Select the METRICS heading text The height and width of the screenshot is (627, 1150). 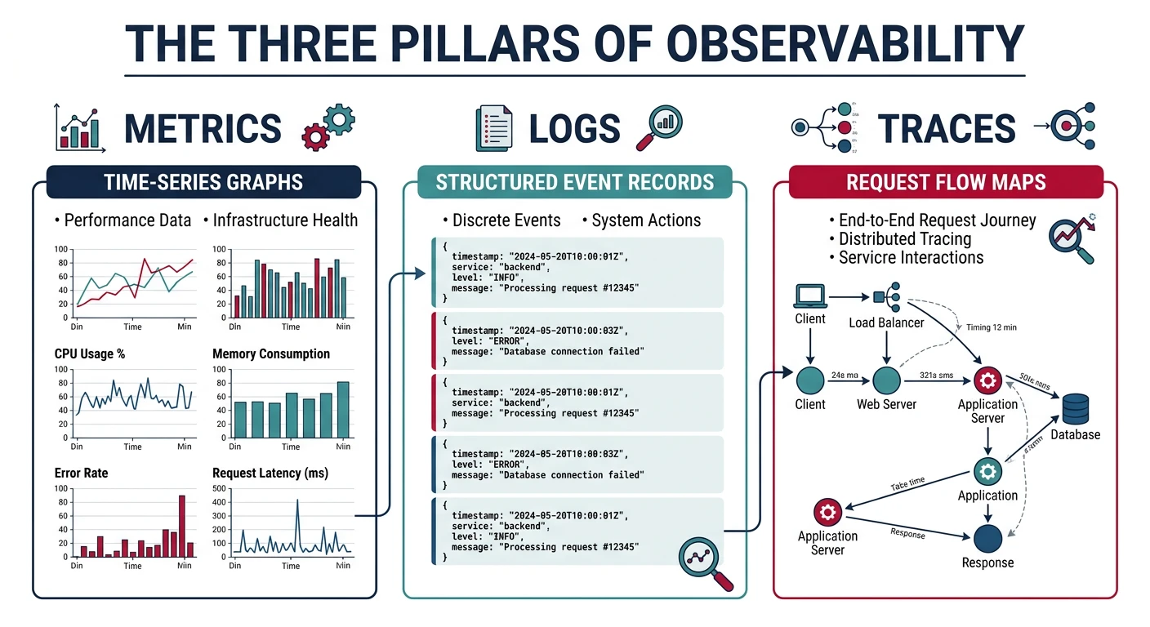click(203, 129)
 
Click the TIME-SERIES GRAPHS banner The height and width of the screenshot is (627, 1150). click(203, 182)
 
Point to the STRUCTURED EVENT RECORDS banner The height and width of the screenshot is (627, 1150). click(574, 182)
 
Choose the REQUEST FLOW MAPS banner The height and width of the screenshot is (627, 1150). click(946, 181)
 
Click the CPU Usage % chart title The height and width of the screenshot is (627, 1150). click(90, 354)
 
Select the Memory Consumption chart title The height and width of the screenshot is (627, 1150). click(271, 354)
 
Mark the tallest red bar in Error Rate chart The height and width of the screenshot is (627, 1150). click(181, 526)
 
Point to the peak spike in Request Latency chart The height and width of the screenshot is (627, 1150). click(297, 501)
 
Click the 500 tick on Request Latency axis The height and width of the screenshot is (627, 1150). click(220, 488)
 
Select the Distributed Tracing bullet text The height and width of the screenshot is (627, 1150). click(905, 239)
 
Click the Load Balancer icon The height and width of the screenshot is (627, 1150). click(885, 298)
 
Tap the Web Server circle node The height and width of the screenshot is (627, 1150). click(886, 380)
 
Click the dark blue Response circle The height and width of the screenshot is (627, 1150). click(988, 538)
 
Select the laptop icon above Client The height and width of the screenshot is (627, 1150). click(810, 296)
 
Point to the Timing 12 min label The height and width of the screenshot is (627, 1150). click(991, 327)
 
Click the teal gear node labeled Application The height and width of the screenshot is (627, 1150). click(988, 471)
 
